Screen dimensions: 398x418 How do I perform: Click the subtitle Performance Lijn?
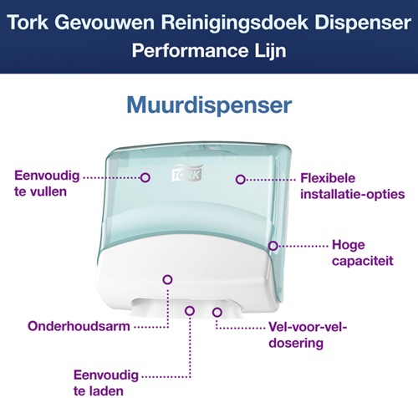tap(208, 50)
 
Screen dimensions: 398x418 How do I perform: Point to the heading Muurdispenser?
tap(208, 106)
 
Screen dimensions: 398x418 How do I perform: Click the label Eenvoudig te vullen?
tap(46, 183)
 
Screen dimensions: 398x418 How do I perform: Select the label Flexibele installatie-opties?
tap(351, 186)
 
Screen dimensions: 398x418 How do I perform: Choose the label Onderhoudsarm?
tap(67, 325)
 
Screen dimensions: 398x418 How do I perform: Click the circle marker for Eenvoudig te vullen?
tap(145, 177)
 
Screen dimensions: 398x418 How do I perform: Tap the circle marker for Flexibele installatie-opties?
tap(240, 178)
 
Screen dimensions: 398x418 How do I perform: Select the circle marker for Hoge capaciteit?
tap(273, 245)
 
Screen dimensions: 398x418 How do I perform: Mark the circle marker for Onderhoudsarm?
tap(166, 279)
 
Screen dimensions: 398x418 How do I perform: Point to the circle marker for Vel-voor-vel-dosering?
tap(217, 312)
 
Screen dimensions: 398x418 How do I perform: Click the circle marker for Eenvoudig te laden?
tap(191, 311)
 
